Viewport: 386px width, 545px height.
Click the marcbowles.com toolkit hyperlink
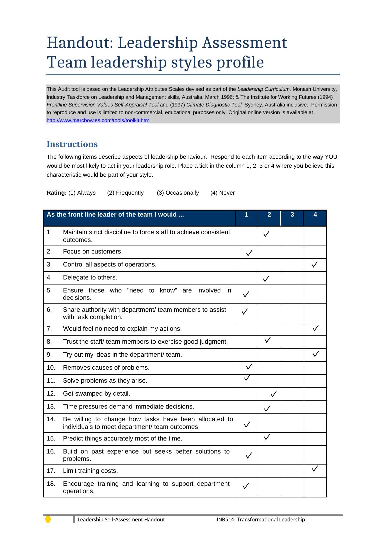pyautogui.click(x=98, y=120)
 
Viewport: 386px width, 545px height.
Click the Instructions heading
pyautogui.click(x=72, y=144)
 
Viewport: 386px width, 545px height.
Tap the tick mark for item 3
pyautogui.click(x=314, y=265)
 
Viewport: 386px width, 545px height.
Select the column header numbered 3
pyautogui.click(x=292, y=215)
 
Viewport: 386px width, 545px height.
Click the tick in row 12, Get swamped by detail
pyautogui.click(x=273, y=394)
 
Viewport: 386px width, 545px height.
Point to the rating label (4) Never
pyautogui.click(x=222, y=193)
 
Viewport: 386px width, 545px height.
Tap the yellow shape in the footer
pyautogui.click(x=48, y=519)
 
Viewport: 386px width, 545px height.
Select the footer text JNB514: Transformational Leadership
pyautogui.click(x=260, y=520)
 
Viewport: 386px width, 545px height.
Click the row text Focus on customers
pyautogui.click(x=93, y=252)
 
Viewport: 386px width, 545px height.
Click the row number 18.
pyautogui.click(x=51, y=484)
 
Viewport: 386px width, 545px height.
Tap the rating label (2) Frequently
pyautogui.click(x=125, y=193)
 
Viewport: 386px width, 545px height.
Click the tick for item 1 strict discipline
pyautogui.click(x=266, y=234)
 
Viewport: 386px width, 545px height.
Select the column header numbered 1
pyautogui.click(x=246, y=215)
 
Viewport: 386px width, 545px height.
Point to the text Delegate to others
pyautogui.click(x=90, y=278)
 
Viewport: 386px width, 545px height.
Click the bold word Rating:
pyautogui.click(x=57, y=193)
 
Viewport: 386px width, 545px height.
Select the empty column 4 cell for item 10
pyautogui.click(x=315, y=368)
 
